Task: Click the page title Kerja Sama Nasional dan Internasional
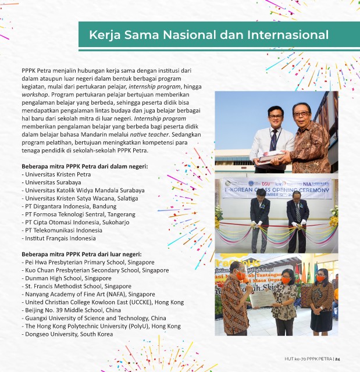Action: (x=208, y=35)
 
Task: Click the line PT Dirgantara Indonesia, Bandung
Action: (x=70, y=206)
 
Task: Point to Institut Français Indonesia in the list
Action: (x=59, y=238)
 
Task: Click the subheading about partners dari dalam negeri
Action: (x=85, y=166)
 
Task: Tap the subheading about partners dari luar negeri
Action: (x=82, y=254)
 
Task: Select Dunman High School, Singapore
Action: (x=67, y=278)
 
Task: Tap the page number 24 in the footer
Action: (x=337, y=359)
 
